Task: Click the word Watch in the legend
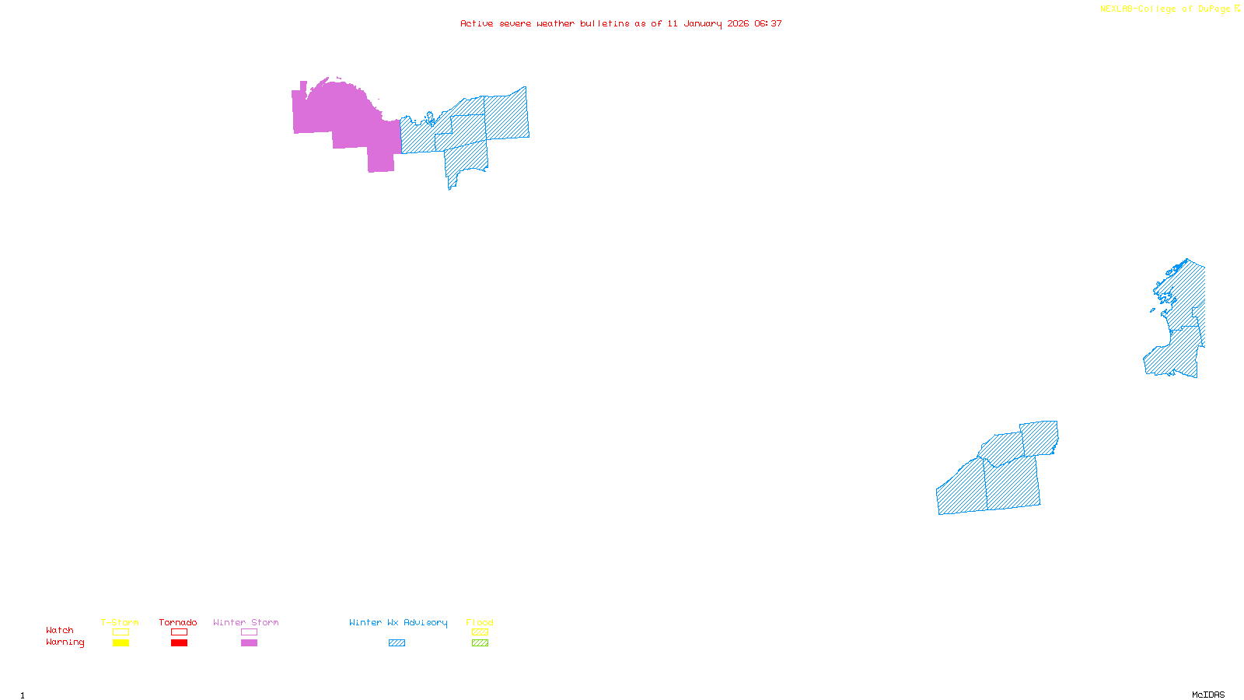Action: pos(60,631)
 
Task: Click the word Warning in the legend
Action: pos(65,642)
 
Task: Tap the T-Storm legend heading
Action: pos(120,622)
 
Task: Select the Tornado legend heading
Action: pos(178,622)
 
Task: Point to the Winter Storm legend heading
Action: pos(246,622)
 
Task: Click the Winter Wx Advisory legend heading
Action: pos(398,622)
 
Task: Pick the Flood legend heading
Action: pos(480,622)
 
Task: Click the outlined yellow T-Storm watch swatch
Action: pos(121,632)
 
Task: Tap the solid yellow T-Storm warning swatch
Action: pos(121,643)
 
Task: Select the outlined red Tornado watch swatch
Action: pos(180,632)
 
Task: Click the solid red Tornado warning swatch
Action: pos(180,643)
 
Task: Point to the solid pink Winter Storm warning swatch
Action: pos(249,643)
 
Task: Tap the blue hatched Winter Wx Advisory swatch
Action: pos(397,643)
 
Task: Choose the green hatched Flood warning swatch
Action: pos(480,643)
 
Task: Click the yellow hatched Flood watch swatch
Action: pos(480,632)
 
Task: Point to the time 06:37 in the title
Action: pos(768,23)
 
